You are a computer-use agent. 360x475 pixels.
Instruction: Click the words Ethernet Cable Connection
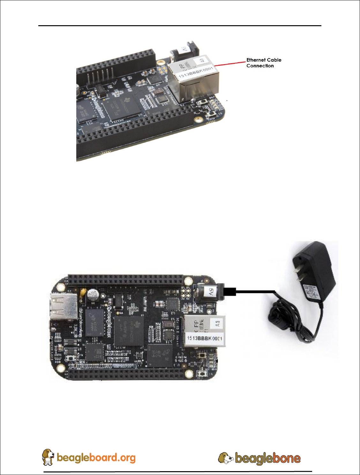[264, 63]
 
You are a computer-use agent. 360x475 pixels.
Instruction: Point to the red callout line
[230, 63]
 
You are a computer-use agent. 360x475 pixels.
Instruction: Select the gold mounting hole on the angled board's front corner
[199, 119]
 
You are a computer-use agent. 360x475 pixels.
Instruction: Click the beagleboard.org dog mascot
[48, 457]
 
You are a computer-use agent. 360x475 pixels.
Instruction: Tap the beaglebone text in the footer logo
[267, 458]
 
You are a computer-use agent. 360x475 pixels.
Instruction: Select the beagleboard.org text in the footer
[96, 458]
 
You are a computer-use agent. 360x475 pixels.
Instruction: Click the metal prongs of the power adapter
[299, 275]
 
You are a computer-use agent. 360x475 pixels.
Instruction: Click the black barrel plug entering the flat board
[229, 291]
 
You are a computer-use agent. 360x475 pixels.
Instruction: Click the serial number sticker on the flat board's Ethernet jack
[205, 338]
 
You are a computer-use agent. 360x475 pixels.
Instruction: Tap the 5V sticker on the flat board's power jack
[211, 291]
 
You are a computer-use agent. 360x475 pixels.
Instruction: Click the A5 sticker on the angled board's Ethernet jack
[202, 60]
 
